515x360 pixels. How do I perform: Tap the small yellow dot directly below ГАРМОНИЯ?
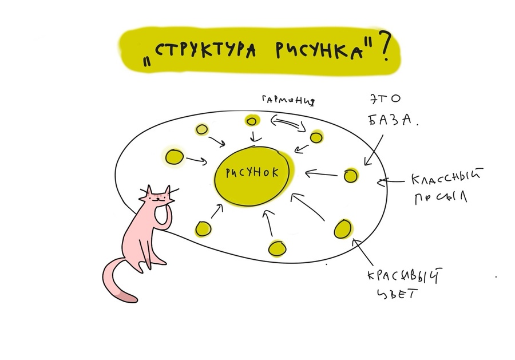251,121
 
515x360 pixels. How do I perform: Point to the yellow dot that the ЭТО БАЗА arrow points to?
350,175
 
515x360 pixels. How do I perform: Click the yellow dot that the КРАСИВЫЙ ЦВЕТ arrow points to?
342,228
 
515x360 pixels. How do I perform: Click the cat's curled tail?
117,280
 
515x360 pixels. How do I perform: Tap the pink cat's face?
158,197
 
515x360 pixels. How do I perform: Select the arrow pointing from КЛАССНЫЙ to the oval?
392,182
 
